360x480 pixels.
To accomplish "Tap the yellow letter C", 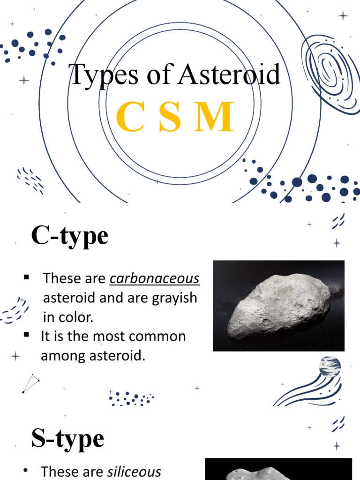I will [x=129, y=117].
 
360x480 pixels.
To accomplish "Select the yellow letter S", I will [x=170, y=117].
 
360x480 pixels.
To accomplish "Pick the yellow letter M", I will [x=214, y=117].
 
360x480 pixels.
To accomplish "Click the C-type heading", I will [x=69, y=235].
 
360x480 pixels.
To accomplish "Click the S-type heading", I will [x=67, y=439].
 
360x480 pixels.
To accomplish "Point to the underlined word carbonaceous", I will [x=155, y=278].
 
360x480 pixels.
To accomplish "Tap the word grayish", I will [x=174, y=298].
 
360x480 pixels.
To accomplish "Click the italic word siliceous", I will [x=134, y=472].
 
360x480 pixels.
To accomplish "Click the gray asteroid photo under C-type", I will [x=278, y=306].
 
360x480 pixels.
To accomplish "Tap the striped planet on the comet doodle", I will [x=330, y=367].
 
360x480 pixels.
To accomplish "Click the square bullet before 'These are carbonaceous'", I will [x=27, y=278].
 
